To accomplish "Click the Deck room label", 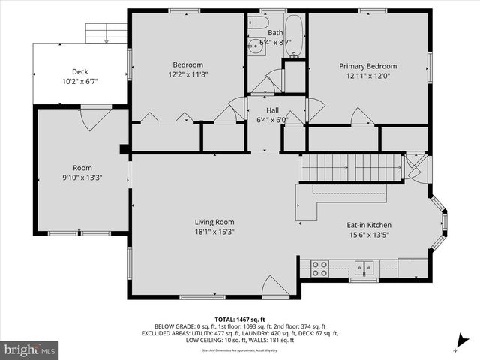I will click(x=79, y=72).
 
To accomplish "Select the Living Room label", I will click(x=214, y=222).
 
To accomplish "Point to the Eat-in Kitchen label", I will click(x=368, y=225).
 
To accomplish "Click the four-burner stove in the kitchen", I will click(x=319, y=266).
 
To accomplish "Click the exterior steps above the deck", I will click(x=106, y=33).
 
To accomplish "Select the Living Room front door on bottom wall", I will click(x=275, y=286).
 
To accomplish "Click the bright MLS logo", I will click(x=30, y=349).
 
